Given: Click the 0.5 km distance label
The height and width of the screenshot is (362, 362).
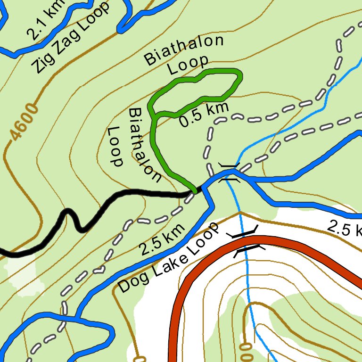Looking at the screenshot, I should [204, 115].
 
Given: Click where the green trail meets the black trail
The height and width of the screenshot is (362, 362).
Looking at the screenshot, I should [194, 190].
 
